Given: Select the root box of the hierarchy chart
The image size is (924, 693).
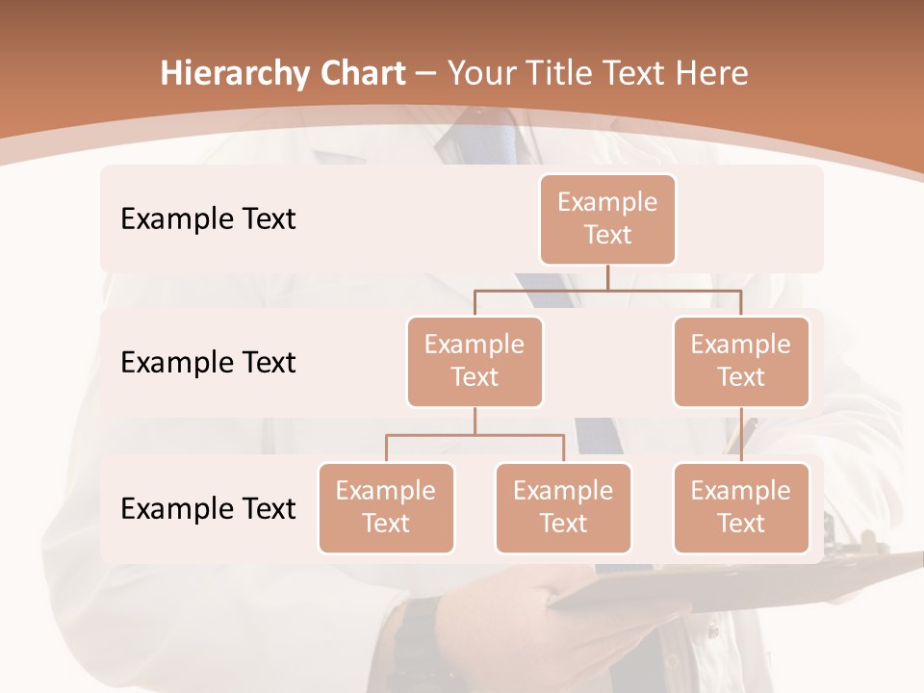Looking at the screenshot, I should pyautogui.click(x=607, y=218).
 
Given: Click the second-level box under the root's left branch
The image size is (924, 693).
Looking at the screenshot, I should pyautogui.click(x=475, y=361).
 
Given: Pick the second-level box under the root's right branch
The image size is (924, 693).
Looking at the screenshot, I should pyautogui.click(x=741, y=361).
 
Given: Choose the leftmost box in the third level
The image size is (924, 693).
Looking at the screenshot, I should pyautogui.click(x=386, y=507).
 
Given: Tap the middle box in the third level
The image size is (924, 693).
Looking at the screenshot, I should pyautogui.click(x=563, y=507).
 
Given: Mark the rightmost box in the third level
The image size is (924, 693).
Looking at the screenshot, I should pyautogui.click(x=741, y=507).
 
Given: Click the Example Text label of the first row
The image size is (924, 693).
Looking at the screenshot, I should pyautogui.click(x=208, y=218).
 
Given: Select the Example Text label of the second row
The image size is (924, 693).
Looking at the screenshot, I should pyautogui.click(x=208, y=362).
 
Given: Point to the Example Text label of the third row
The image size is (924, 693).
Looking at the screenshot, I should pyautogui.click(x=208, y=508).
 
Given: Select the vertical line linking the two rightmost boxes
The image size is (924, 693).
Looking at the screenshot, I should pyautogui.click(x=741, y=435).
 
